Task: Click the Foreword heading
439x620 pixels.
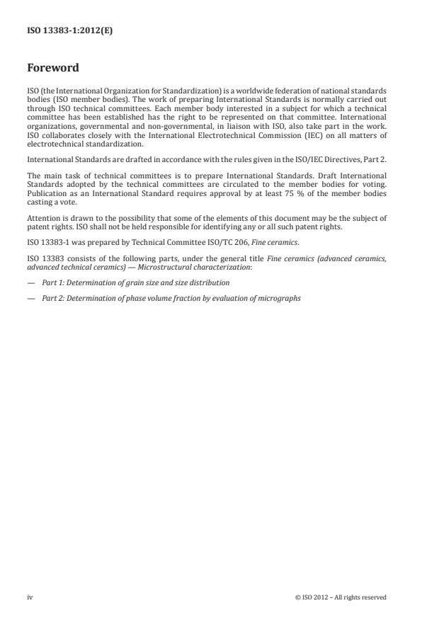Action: coord(53,69)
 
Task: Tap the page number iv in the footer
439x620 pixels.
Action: coord(30,597)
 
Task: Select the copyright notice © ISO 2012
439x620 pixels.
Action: coord(341,597)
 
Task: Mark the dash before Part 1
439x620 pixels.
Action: coord(30,283)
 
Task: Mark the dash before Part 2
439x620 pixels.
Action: coord(30,298)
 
